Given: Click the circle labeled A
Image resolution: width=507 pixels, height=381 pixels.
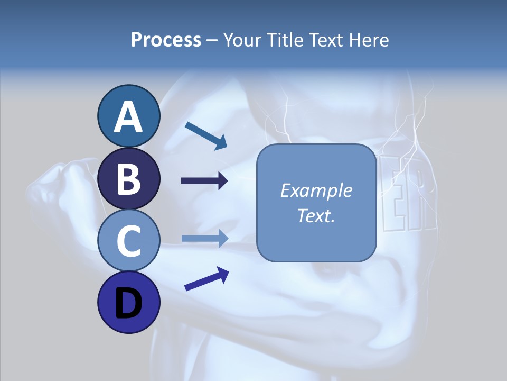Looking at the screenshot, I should coord(128,116).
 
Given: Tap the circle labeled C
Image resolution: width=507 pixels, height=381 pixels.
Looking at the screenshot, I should coord(128,240).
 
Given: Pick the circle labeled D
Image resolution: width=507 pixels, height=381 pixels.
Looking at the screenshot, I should coord(128,302).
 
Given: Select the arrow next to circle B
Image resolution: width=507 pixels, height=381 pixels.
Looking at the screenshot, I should coord(204,181).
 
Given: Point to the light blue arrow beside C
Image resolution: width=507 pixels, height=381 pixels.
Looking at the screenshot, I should coord(204,238).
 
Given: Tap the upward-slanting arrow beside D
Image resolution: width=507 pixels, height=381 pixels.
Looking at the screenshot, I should coord(206,279).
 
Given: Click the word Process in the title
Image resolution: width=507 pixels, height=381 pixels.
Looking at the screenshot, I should coord(166,40).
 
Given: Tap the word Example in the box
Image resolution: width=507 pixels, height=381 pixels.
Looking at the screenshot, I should coord(316,190).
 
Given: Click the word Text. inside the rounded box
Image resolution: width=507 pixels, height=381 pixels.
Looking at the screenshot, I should coord(316,215).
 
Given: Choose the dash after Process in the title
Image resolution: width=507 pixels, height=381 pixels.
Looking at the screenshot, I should coord(212,41).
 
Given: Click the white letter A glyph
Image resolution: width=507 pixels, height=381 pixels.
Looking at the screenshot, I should coord(128,117).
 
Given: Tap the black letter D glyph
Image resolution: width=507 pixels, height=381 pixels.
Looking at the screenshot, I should coord(128,304).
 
